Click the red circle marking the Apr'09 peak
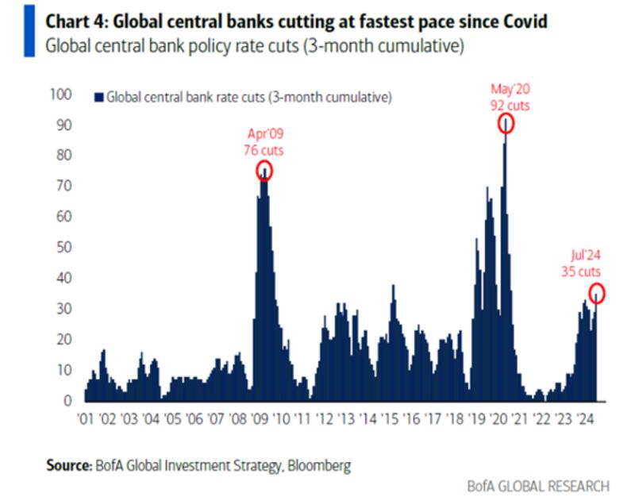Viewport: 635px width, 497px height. pyautogui.click(x=264, y=170)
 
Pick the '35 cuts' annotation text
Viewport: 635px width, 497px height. pyautogui.click(x=578, y=272)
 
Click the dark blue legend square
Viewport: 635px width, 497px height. pyautogui.click(x=98, y=98)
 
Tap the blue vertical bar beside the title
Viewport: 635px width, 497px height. pyautogui.click(x=29, y=30)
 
